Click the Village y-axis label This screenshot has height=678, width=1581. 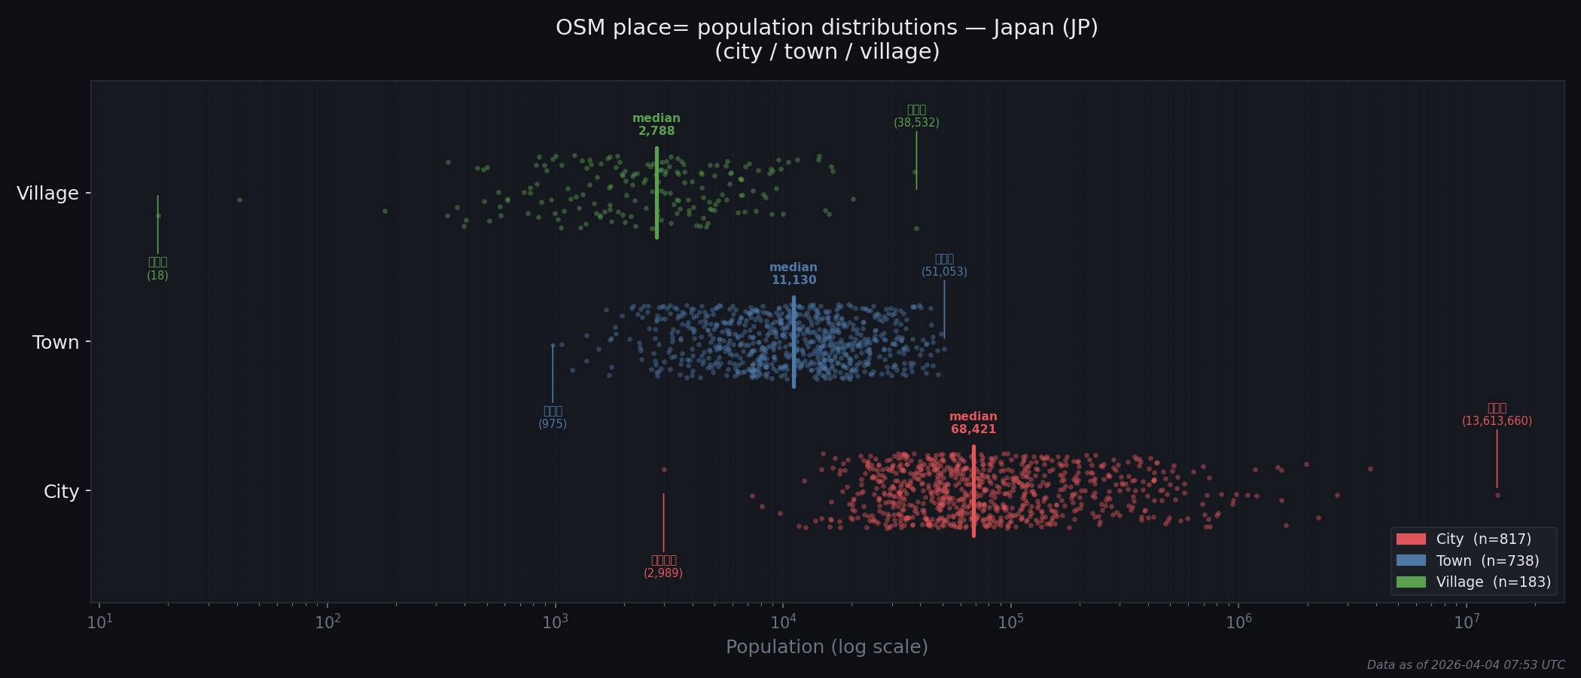47,194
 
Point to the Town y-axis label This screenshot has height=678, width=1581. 56,343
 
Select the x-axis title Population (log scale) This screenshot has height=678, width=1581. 827,647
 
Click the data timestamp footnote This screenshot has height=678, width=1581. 1466,665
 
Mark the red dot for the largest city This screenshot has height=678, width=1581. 1497,495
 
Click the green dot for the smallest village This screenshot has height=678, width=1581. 158,215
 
